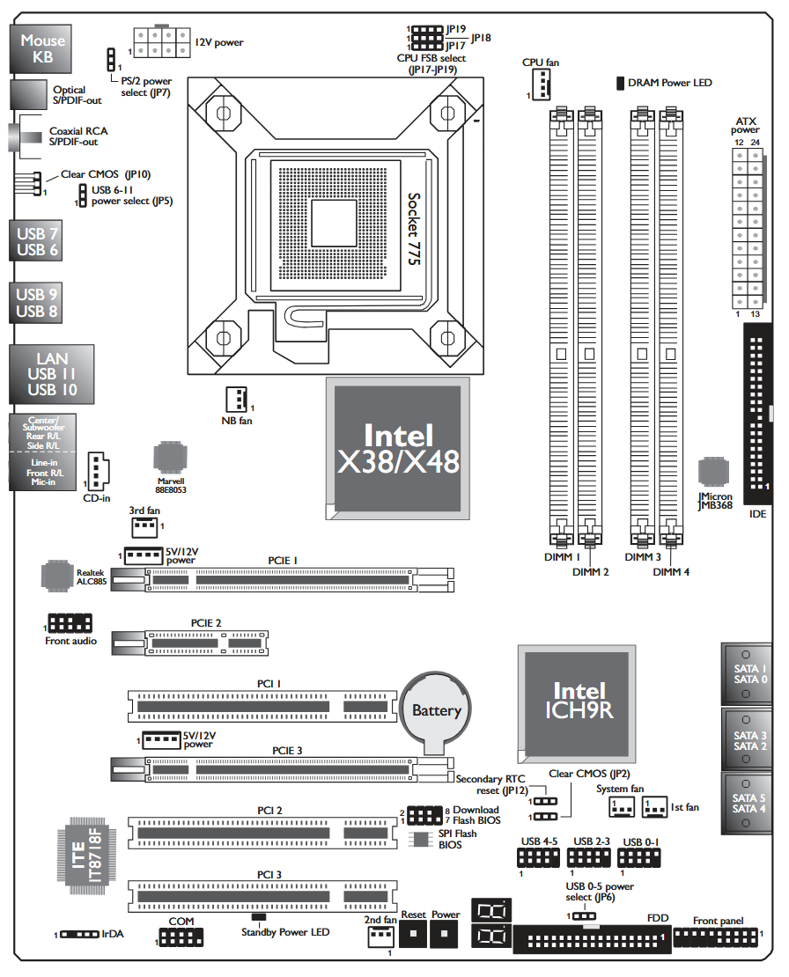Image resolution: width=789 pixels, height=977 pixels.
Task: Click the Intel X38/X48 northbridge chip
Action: pos(398,449)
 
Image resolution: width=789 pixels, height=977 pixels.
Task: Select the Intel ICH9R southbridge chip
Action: pos(577,704)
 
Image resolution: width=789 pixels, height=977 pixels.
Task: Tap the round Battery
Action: pos(436,711)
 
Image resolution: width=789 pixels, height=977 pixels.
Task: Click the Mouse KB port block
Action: pos(41,48)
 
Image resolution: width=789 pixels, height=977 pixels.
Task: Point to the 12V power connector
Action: pos(161,41)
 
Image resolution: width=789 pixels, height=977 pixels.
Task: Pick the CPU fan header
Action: pos(541,84)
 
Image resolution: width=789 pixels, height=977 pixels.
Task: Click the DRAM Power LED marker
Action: pos(620,83)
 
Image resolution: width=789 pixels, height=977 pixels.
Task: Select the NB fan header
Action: pos(236,400)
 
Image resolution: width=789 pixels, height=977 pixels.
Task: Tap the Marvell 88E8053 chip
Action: pos(170,458)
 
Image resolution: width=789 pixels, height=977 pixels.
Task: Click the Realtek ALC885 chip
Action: pos(57,576)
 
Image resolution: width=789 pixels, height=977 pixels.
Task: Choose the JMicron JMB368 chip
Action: pos(713,472)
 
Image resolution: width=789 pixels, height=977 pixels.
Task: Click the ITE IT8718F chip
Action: pos(86,856)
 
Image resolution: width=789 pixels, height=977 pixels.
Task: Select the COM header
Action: pos(181,937)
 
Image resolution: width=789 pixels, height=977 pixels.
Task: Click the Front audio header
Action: pos(70,623)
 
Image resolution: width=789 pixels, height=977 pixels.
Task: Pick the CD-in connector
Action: pos(97,472)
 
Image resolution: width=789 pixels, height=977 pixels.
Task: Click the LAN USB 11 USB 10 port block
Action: pos(52,374)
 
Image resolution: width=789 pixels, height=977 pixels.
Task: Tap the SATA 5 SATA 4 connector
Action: pos(746,804)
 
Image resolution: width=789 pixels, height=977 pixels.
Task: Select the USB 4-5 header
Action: pos(538,858)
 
